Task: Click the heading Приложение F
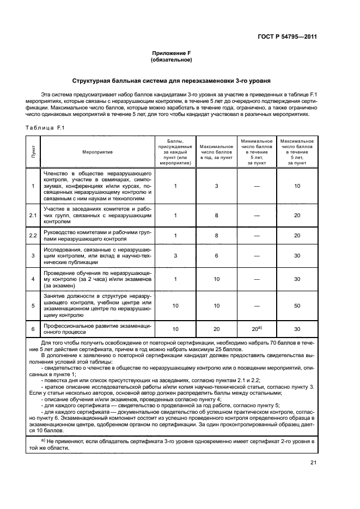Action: pos(172,53)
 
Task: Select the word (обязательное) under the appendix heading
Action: pos(172,60)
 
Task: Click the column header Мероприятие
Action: pos(98,152)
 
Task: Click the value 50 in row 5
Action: pos(297,306)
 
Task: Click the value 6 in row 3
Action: pos(216,255)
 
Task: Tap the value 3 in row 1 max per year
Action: pos(216,186)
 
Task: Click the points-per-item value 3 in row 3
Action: pos(175,255)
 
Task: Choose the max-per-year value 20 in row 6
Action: pos(216,329)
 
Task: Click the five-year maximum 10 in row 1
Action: pos(297,186)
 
